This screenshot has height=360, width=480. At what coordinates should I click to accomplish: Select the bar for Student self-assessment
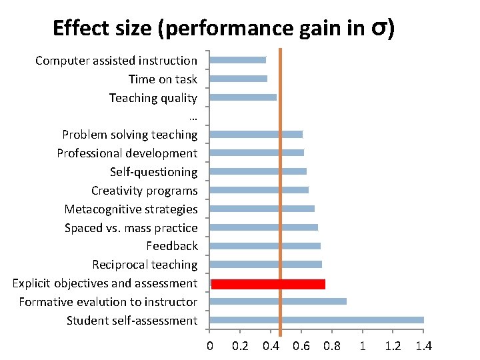click(x=317, y=320)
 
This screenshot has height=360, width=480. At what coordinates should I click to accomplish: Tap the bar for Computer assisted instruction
click(x=237, y=60)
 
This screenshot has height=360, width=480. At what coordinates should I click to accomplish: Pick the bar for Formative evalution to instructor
click(x=278, y=301)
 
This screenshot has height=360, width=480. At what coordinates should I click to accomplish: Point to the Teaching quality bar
click(x=243, y=97)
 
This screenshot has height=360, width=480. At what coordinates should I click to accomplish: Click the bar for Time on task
click(x=238, y=79)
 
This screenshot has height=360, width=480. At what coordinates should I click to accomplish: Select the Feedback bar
click(x=265, y=247)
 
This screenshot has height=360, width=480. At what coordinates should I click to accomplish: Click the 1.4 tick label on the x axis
click(x=423, y=346)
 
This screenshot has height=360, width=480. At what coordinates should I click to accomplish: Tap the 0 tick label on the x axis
click(x=210, y=346)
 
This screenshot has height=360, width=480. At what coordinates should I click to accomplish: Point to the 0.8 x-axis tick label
click(x=331, y=346)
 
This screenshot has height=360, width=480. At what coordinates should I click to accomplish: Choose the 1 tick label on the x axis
click(x=362, y=346)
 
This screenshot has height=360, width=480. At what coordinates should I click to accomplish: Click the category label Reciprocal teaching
click(x=145, y=265)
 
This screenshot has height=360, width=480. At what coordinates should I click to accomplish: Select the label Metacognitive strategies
click(x=131, y=209)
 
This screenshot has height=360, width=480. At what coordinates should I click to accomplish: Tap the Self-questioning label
click(x=153, y=172)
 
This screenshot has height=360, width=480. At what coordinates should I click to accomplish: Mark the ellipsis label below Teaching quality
click(x=193, y=117)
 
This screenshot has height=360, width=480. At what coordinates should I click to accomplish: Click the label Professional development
click(x=127, y=153)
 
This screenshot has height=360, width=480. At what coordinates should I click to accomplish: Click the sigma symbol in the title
click(x=380, y=29)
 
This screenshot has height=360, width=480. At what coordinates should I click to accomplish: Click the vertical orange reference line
click(x=281, y=200)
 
